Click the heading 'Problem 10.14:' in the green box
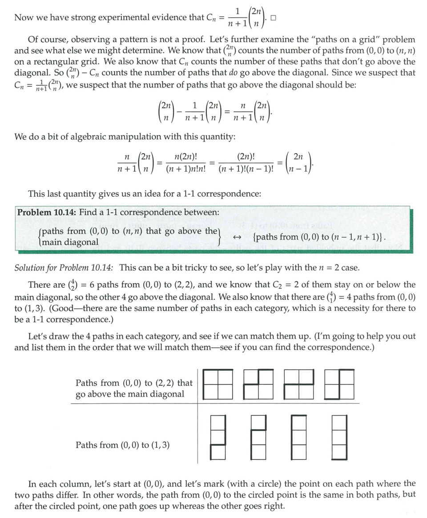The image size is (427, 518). point(46,212)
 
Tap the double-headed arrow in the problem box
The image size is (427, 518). point(238,237)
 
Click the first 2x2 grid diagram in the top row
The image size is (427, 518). point(218,384)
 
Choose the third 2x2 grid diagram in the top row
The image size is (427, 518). point(299,384)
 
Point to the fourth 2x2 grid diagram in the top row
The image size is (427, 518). point(340,384)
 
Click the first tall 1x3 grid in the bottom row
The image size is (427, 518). point(218,438)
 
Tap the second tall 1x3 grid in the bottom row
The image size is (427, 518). point(258,438)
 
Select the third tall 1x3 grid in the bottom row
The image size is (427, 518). point(299,438)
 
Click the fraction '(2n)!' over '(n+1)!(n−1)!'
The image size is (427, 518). point(246,163)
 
